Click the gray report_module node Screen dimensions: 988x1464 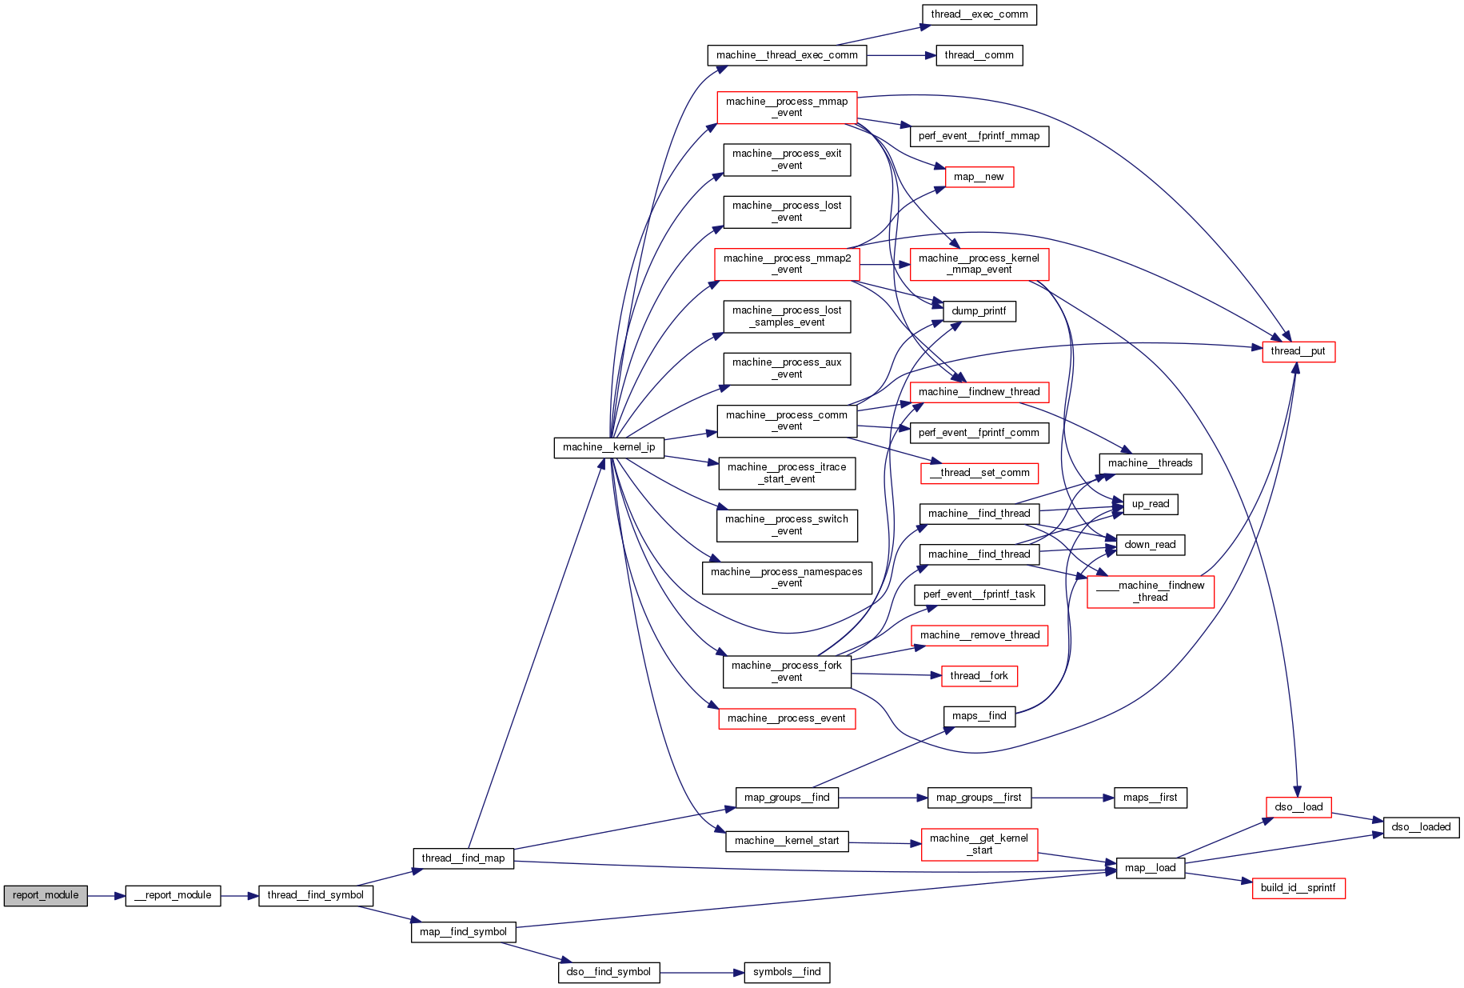(46, 895)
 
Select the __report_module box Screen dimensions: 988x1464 (173, 895)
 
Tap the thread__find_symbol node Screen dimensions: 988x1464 (315, 895)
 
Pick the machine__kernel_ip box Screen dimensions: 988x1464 (608, 447)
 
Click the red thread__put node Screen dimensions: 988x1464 (1298, 351)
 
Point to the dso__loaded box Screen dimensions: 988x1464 (1421, 827)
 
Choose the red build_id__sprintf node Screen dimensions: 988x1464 (1298, 888)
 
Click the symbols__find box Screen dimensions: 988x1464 (787, 972)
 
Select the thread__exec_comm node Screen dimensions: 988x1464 (979, 14)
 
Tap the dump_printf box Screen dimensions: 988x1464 (979, 311)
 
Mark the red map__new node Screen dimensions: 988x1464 (979, 177)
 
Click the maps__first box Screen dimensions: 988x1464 (1150, 798)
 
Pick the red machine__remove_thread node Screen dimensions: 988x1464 (979, 635)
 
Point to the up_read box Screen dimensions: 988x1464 (1150, 504)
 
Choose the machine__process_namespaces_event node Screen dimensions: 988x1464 (787, 578)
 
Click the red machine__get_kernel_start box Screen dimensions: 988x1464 (979, 844)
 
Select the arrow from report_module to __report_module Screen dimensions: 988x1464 (106, 896)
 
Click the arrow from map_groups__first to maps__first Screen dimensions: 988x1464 (1072, 798)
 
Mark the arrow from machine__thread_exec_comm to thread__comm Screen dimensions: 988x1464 (900, 55)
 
